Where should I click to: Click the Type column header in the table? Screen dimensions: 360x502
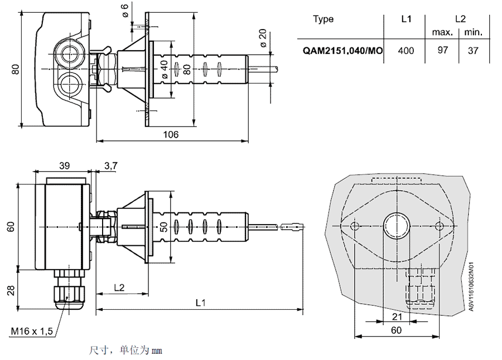324,19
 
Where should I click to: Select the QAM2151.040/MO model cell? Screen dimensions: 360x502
342,51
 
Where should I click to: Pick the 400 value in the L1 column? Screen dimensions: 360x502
406,51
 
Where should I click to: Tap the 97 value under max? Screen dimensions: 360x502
443,51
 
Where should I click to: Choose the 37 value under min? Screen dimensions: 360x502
473,51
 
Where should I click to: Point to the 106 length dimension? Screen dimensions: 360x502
171,135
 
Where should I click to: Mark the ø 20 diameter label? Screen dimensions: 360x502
263,38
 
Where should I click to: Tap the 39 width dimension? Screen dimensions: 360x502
64,166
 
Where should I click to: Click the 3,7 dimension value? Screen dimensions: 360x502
110,166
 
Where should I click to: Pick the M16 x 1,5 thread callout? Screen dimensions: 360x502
32,331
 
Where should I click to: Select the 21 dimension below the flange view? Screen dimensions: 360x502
397,317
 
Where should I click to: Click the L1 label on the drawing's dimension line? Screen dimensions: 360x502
201,303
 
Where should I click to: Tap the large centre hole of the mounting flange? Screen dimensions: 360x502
397,225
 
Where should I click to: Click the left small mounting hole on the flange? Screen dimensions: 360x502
354,226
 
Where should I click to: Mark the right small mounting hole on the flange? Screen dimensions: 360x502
439,226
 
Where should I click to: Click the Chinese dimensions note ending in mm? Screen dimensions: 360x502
125,351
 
